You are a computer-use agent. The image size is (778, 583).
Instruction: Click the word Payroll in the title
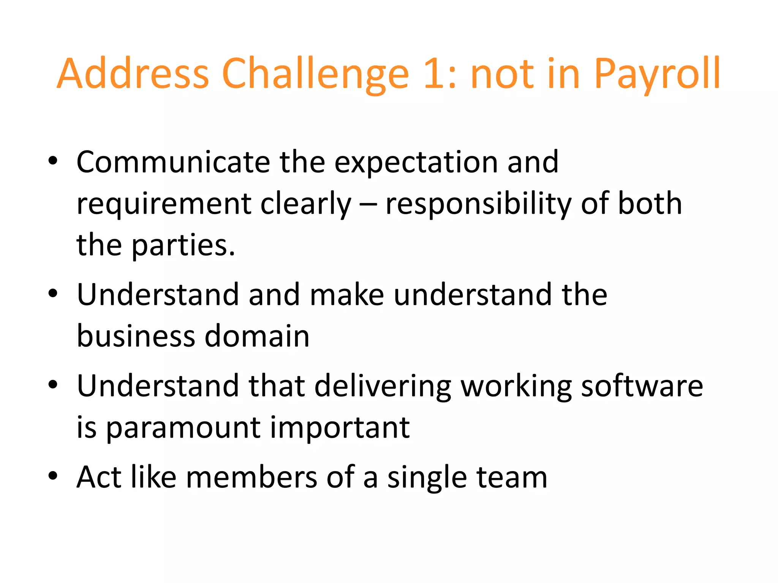[657, 74]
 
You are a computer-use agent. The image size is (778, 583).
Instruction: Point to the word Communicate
[173, 162]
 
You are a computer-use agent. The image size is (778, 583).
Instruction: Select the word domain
[257, 336]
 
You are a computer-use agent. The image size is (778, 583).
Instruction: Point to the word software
[642, 386]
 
